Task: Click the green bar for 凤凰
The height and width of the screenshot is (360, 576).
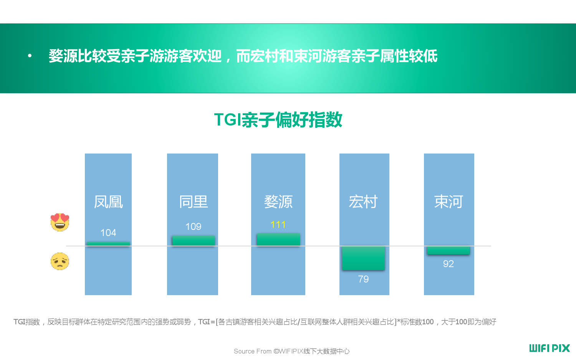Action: (108, 244)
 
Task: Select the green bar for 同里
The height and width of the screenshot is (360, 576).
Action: (194, 241)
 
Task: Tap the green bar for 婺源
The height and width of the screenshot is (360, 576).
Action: (278, 240)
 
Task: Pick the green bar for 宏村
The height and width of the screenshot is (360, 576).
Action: (363, 258)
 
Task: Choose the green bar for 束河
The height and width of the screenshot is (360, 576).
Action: (448, 250)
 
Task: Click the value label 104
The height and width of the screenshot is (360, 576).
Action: (108, 233)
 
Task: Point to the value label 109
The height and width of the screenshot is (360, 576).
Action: (194, 227)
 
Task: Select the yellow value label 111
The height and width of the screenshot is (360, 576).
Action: (278, 225)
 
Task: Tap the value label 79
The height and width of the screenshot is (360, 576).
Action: (363, 279)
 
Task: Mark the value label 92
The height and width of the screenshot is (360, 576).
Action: (448, 264)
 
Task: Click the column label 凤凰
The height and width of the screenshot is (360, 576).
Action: (108, 202)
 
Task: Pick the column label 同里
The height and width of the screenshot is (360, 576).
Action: (194, 202)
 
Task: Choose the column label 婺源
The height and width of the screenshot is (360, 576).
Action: (278, 202)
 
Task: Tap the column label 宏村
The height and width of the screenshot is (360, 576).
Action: (363, 202)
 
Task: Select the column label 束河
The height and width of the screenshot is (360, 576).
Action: (449, 202)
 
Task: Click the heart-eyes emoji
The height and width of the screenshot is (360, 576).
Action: (60, 222)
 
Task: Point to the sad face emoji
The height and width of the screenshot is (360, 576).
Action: (60, 261)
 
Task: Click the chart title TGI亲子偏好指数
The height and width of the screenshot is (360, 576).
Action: (278, 120)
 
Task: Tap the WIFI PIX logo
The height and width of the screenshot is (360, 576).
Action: (550, 348)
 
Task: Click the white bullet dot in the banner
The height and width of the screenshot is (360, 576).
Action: (30, 56)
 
